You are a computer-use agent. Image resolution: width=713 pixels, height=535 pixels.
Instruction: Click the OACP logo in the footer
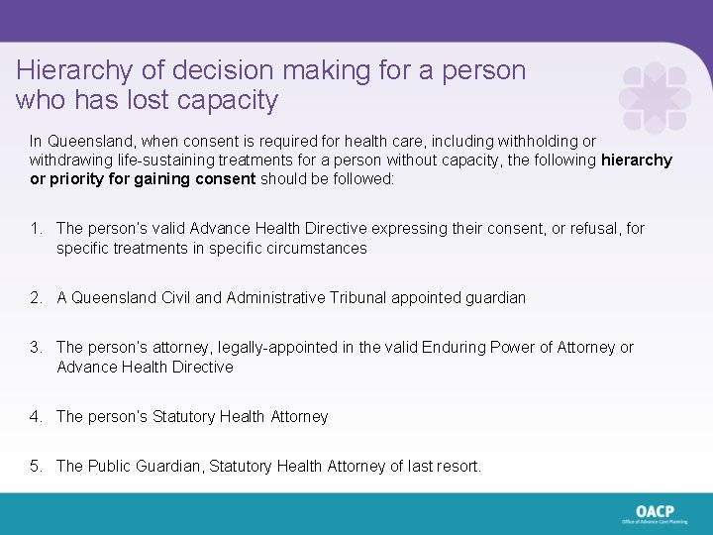point(655,512)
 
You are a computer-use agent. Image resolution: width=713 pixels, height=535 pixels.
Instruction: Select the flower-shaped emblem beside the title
point(654,99)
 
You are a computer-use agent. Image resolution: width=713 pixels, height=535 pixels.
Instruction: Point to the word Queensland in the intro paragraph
point(85,142)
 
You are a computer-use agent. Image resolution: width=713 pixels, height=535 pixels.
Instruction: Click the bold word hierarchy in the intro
point(637,160)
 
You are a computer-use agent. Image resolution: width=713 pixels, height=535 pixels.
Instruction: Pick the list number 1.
point(35,229)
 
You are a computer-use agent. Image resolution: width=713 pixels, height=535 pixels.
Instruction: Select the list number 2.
point(35,297)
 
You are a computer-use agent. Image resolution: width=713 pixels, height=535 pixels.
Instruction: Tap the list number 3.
point(35,347)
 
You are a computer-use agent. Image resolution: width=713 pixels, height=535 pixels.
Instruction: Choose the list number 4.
point(35,416)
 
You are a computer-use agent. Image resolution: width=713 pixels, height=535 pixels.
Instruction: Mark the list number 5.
point(35,466)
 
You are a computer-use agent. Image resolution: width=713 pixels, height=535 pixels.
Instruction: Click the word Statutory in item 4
point(185,416)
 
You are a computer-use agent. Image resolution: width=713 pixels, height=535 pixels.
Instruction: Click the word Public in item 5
point(111,466)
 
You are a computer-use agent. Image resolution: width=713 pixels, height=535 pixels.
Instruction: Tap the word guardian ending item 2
point(493,297)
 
